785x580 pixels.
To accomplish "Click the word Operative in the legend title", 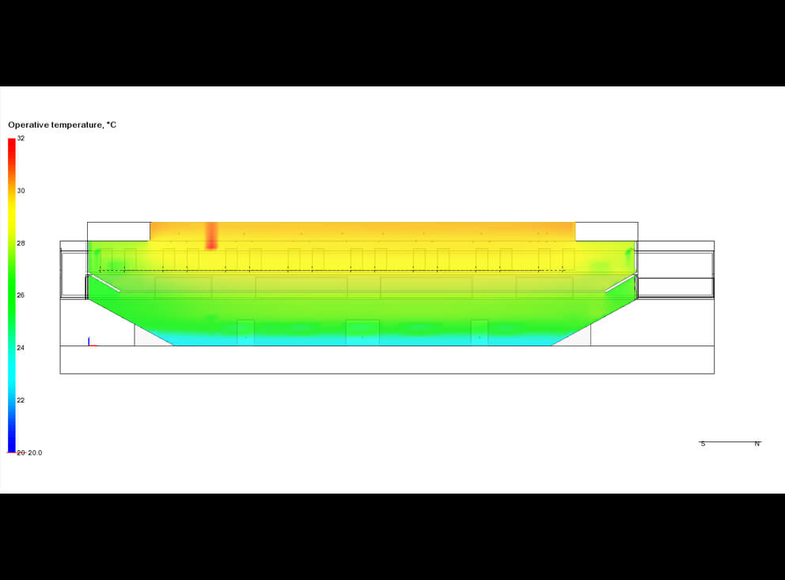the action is click(x=28, y=125).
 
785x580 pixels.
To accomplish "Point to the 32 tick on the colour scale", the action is click(x=21, y=139).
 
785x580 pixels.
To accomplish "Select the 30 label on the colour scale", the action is click(x=21, y=190).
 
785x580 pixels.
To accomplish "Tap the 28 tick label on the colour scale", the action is click(x=21, y=243).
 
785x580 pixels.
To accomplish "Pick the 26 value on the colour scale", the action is click(x=21, y=296).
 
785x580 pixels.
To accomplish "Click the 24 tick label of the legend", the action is click(x=21, y=348).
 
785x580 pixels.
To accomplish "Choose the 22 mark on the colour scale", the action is click(x=21, y=400).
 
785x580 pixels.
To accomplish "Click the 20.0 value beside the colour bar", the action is click(x=35, y=452).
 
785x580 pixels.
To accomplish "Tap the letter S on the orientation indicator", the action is click(x=703, y=444).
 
